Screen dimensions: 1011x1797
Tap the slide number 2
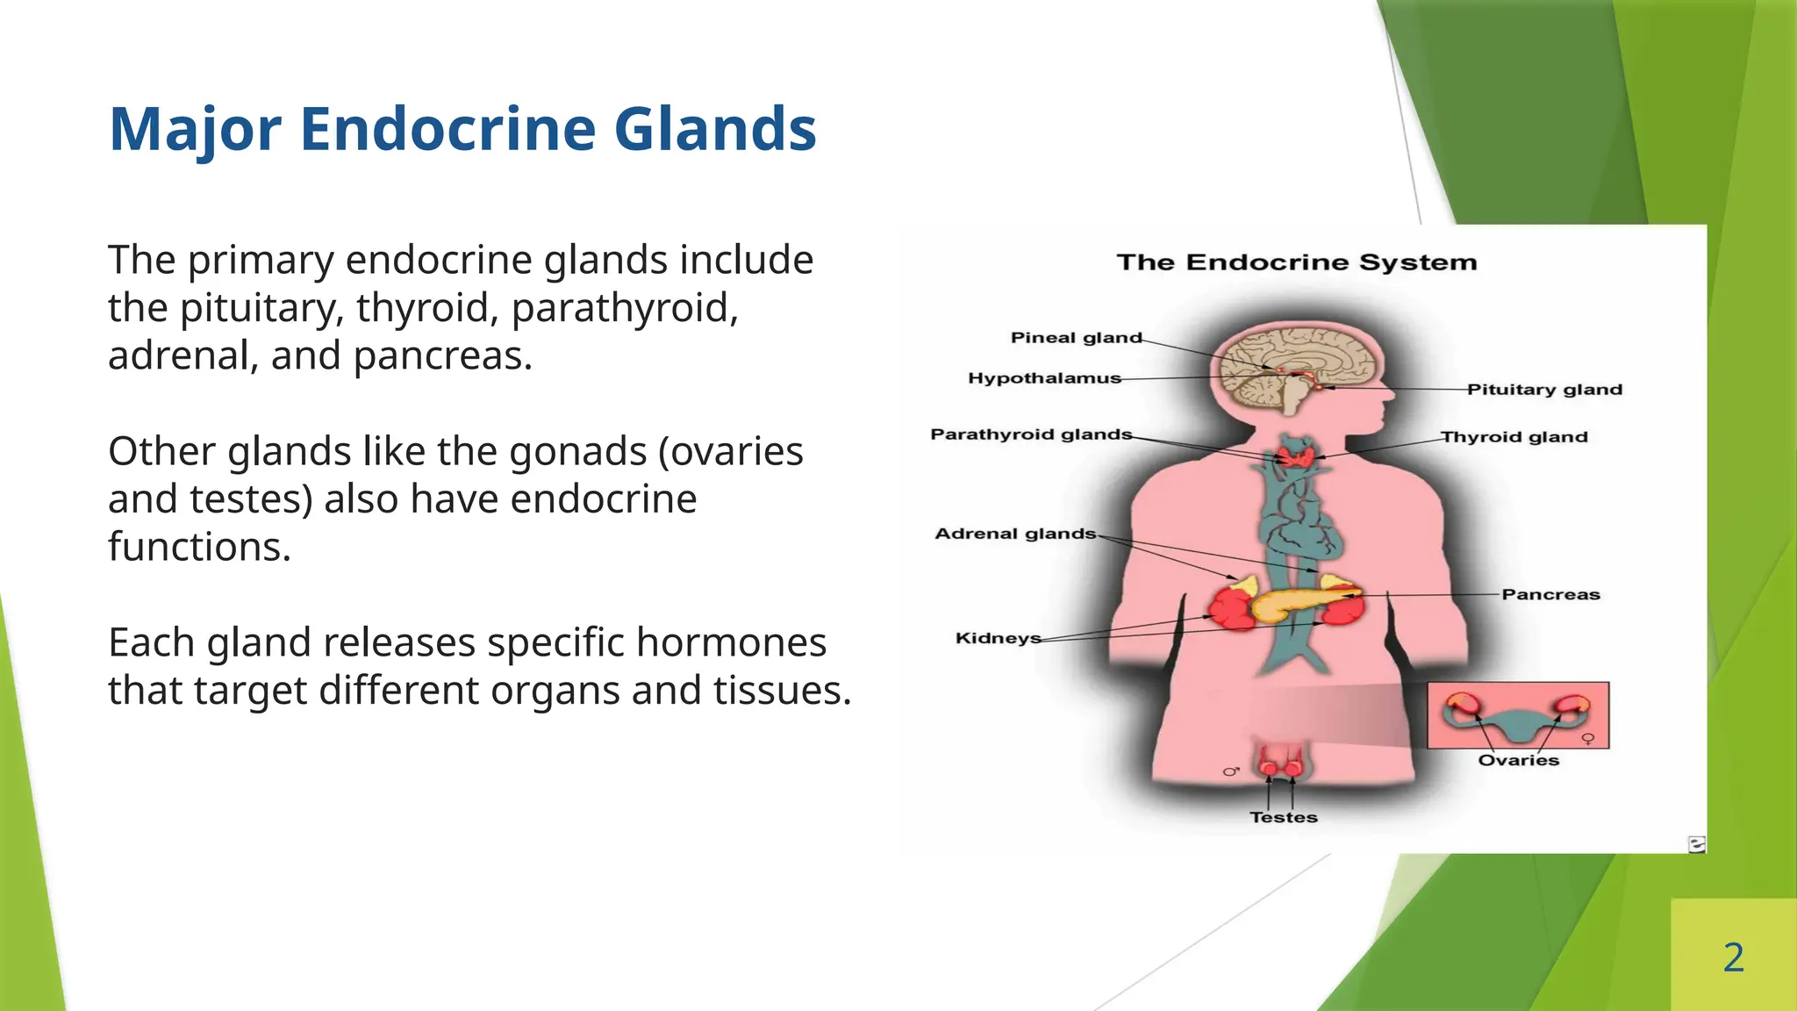pyautogui.click(x=1733, y=957)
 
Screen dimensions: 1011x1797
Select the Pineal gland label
pyautogui.click(x=1076, y=338)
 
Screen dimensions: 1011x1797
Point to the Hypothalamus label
pyautogui.click(x=1044, y=378)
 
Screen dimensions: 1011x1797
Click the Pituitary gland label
pyautogui.click(x=1544, y=390)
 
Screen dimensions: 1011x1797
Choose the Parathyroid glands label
pyautogui.click(x=1031, y=434)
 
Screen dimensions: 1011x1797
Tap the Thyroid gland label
pyautogui.click(x=1514, y=437)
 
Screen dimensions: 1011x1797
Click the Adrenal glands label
pyautogui.click(x=1015, y=534)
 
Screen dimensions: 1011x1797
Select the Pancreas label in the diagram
pyautogui.click(x=1550, y=595)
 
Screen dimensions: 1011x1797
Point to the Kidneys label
pyautogui.click(x=998, y=638)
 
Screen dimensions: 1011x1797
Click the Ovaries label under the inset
pyautogui.click(x=1518, y=760)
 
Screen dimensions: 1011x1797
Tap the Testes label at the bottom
pyautogui.click(x=1284, y=817)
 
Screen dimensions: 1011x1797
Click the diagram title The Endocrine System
pyautogui.click(x=1296, y=262)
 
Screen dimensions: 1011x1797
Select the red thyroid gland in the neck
pyautogui.click(x=1295, y=455)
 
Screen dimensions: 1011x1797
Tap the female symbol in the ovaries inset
pyautogui.click(x=1587, y=739)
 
